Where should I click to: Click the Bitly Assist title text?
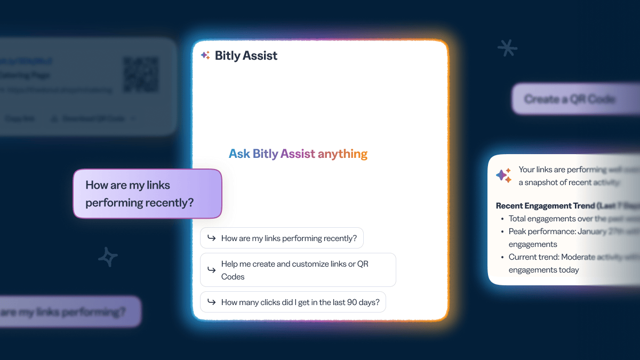click(246, 55)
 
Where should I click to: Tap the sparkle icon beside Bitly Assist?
click(205, 55)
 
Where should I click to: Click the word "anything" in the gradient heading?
click(342, 154)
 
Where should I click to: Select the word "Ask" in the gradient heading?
click(239, 154)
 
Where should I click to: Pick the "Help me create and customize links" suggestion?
click(298, 270)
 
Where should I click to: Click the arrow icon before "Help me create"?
click(212, 270)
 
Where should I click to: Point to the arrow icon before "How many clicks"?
click(212, 302)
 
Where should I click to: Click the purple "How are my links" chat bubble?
click(147, 194)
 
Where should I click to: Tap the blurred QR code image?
click(141, 75)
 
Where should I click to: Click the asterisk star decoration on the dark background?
click(507, 49)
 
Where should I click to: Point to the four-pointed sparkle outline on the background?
click(108, 257)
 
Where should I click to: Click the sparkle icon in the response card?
click(503, 175)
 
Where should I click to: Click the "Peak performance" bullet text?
click(549, 231)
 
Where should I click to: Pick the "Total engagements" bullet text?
click(549, 218)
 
